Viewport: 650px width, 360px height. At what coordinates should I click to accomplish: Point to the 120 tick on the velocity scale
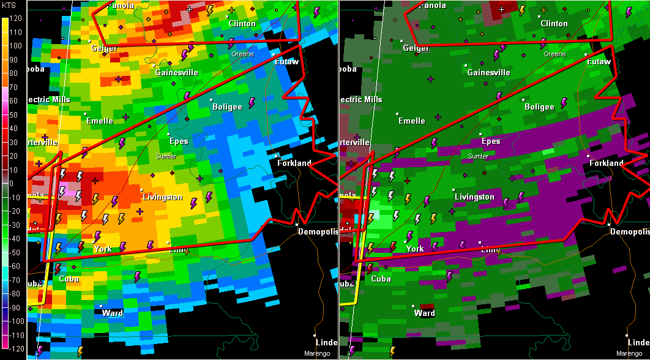(15, 18)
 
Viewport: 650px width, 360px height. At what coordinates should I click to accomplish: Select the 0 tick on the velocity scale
(15, 183)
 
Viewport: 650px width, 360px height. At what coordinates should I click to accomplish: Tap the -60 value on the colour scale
(15, 266)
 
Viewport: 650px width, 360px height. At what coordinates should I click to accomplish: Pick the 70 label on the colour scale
(15, 87)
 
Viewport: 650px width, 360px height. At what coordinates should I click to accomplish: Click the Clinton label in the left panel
(242, 24)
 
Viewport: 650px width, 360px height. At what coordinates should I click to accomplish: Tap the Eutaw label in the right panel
(599, 62)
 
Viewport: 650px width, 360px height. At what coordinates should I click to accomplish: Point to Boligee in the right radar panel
(539, 107)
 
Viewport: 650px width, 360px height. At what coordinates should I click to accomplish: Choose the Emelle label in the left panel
(100, 121)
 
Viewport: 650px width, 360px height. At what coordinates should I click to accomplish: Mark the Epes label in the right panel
(490, 141)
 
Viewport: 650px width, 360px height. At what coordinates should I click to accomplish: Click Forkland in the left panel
(294, 163)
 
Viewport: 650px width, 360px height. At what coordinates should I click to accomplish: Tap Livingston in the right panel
(474, 197)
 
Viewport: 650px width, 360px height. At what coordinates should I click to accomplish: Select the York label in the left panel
(103, 249)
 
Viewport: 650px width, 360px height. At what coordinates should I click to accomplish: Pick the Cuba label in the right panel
(381, 279)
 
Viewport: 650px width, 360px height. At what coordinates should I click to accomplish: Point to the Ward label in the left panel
(113, 313)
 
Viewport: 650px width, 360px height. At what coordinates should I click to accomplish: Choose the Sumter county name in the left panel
(166, 157)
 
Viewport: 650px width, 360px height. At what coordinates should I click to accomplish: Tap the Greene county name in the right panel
(555, 54)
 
